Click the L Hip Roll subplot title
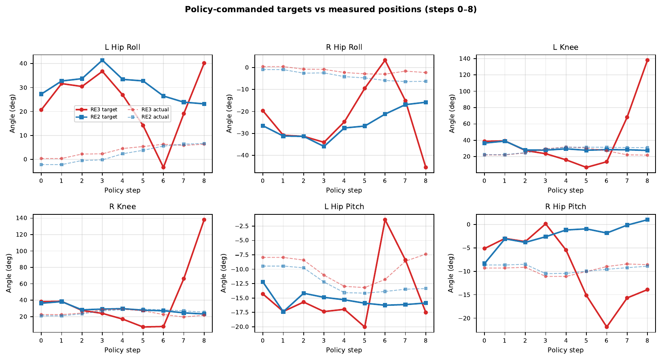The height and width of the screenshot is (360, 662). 123,47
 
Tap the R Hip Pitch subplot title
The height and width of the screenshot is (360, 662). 565,207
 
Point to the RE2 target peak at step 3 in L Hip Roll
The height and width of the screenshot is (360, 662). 102,60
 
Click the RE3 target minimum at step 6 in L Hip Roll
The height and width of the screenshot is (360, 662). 163,167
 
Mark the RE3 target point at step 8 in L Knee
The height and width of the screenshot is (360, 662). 647,60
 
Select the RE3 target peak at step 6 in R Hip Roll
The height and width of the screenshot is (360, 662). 385,60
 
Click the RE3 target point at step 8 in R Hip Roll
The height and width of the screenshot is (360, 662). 425,167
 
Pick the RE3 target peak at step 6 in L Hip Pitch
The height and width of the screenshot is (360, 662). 385,220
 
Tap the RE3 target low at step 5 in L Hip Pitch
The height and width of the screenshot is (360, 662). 364,327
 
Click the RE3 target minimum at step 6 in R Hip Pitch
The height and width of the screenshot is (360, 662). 607,327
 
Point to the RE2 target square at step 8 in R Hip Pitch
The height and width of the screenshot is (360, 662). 647,220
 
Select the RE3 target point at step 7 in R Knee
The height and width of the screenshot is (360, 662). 184,279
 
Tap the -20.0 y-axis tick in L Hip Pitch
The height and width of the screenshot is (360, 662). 241,327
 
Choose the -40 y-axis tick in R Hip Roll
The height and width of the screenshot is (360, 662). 246,155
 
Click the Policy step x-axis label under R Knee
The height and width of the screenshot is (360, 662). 123,350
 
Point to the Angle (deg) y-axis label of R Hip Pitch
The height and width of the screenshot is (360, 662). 451,273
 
